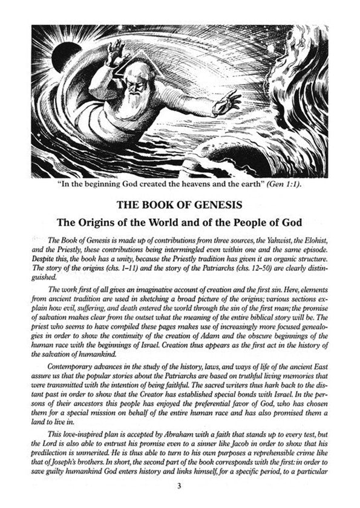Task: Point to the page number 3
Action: tap(180, 486)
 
